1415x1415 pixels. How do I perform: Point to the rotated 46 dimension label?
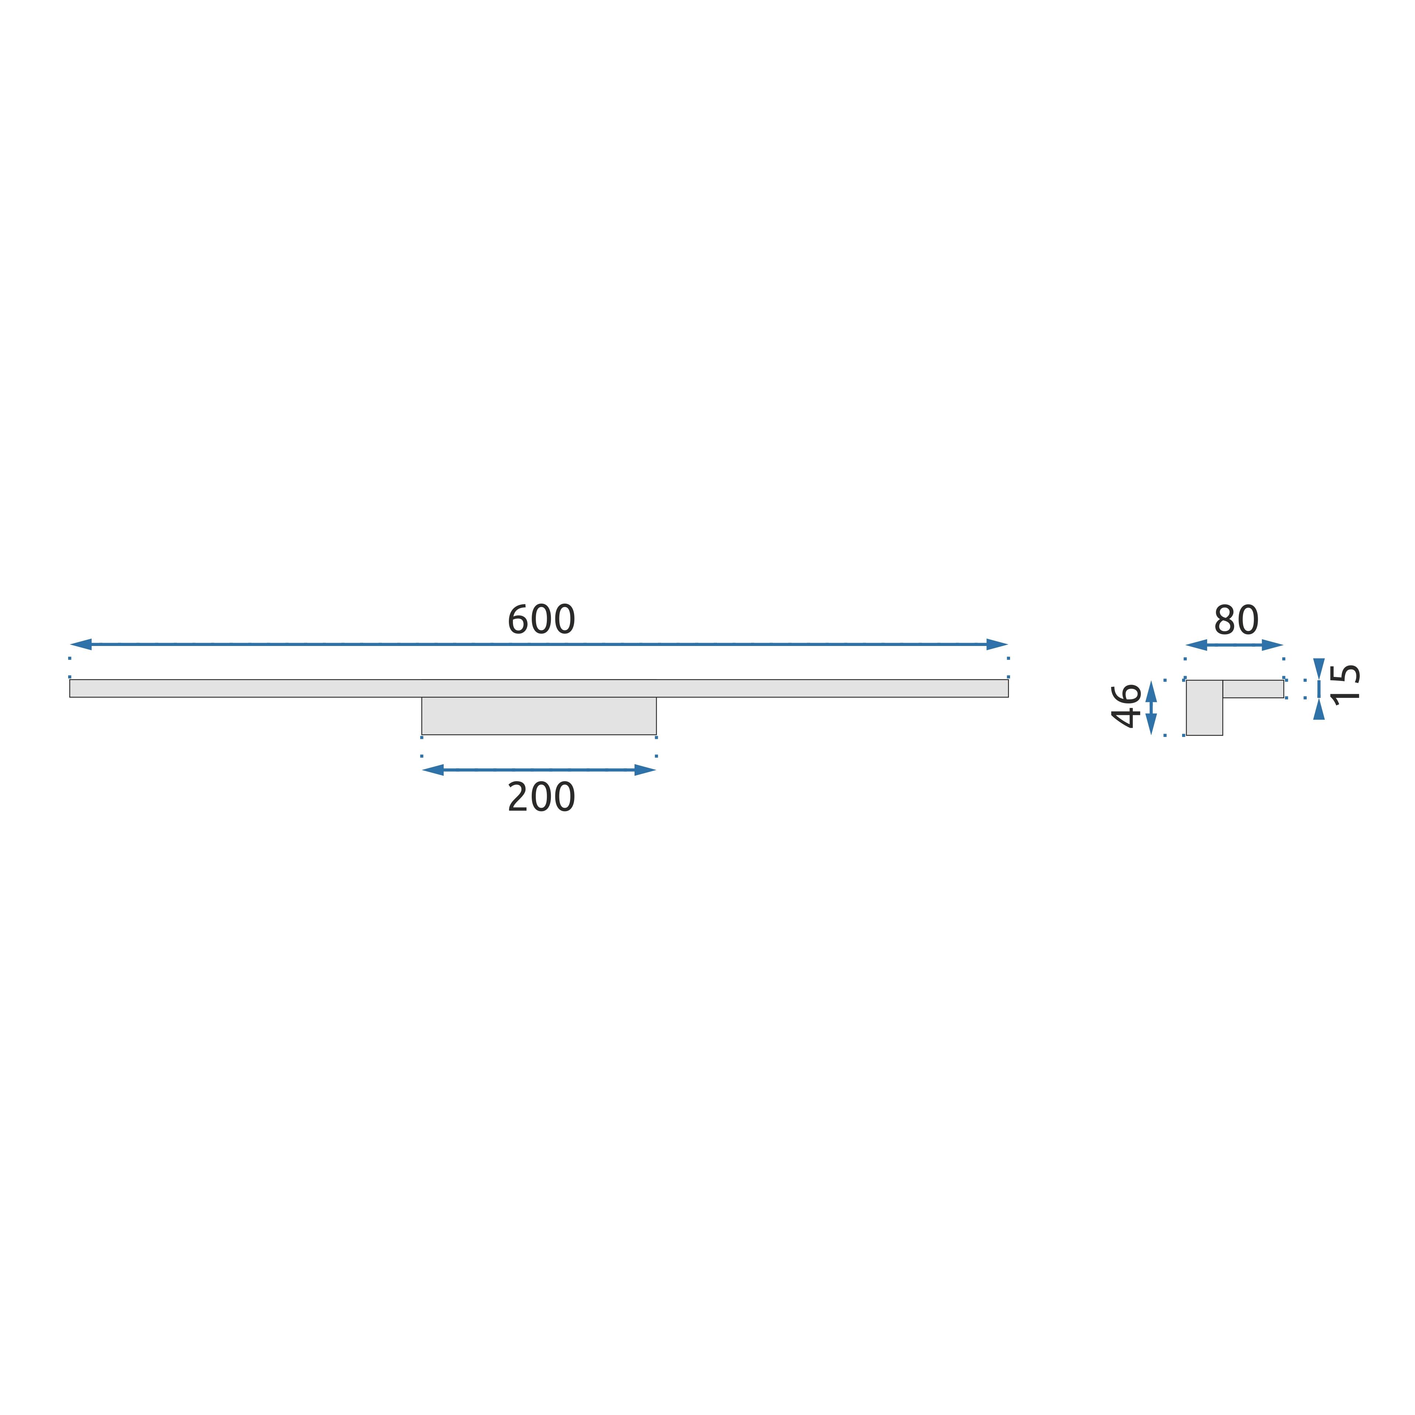click(x=1126, y=705)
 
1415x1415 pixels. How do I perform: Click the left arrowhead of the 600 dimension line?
click(x=81, y=644)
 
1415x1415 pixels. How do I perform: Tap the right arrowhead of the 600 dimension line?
click(x=998, y=644)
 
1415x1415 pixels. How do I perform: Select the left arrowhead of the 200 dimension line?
click(x=433, y=770)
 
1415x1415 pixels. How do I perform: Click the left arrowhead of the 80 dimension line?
click(x=1196, y=645)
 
